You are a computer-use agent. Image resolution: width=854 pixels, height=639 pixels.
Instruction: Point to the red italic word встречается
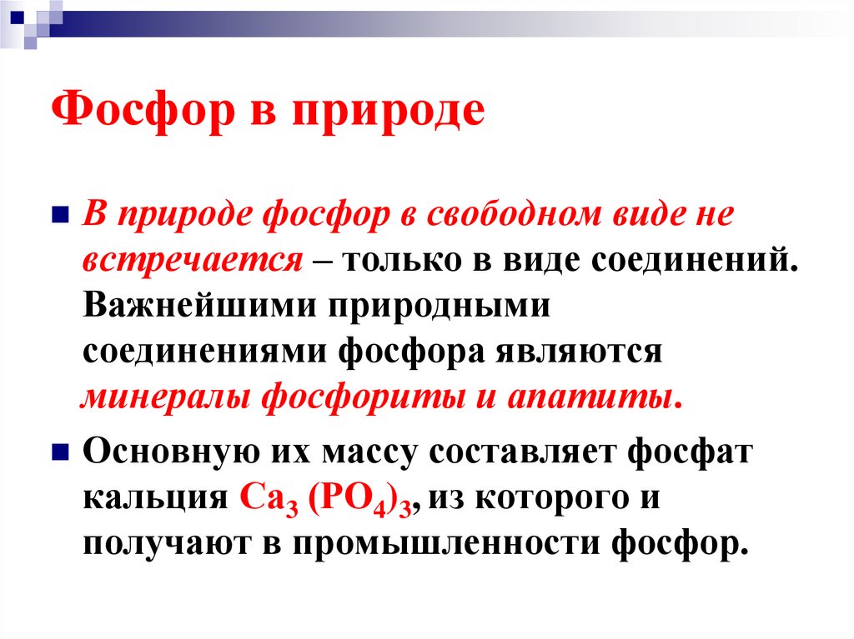192,261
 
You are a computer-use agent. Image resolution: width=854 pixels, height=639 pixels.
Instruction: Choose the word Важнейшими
197,305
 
